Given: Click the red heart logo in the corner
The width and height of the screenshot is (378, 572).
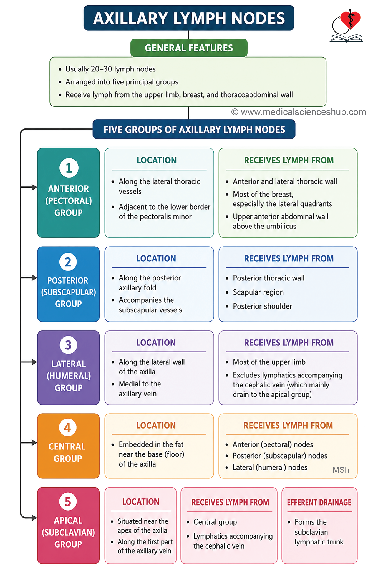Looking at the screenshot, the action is coord(350,19).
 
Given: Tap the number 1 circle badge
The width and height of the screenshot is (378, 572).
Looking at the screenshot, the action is coord(69,168).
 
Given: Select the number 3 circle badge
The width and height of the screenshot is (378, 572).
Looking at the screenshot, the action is coord(68,345).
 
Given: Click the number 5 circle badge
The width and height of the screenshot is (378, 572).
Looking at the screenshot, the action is coord(68,502).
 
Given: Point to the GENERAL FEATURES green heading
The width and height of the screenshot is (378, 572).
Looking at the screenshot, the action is coord(189,48).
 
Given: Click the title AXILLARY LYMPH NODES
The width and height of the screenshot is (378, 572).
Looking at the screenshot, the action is coord(189,18).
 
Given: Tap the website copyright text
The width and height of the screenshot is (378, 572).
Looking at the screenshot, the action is coord(299,112).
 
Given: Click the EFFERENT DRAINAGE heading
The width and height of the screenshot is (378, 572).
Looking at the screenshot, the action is coord(319,503).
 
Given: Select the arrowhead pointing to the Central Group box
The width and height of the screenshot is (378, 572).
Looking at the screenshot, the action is coord(34,442).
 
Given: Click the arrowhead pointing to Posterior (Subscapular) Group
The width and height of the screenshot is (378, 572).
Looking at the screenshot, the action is coord(34,278).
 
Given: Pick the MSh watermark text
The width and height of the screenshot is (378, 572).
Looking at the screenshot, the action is coord(341,470).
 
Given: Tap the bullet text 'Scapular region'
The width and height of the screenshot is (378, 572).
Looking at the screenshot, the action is coord(258,292).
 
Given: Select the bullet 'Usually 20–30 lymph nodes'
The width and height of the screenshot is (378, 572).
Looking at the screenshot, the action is coord(110,69).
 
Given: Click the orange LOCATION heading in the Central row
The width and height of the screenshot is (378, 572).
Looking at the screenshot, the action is coord(156,426).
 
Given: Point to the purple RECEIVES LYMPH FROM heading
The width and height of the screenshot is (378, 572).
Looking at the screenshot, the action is coord(289,343).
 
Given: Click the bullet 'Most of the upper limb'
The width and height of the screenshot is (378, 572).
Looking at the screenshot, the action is coord(269,362).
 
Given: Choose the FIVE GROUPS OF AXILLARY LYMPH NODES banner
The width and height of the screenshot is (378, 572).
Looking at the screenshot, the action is coord(194,130).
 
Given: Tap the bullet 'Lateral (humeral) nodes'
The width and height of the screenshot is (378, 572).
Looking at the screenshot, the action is coord(270,467).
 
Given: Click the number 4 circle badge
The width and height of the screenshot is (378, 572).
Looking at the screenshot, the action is coord(68,428).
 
